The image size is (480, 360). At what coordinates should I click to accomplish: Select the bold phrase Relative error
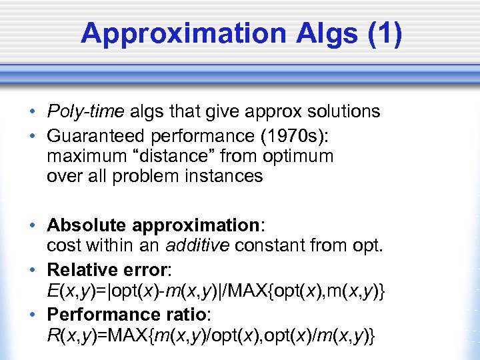(x=107, y=270)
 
